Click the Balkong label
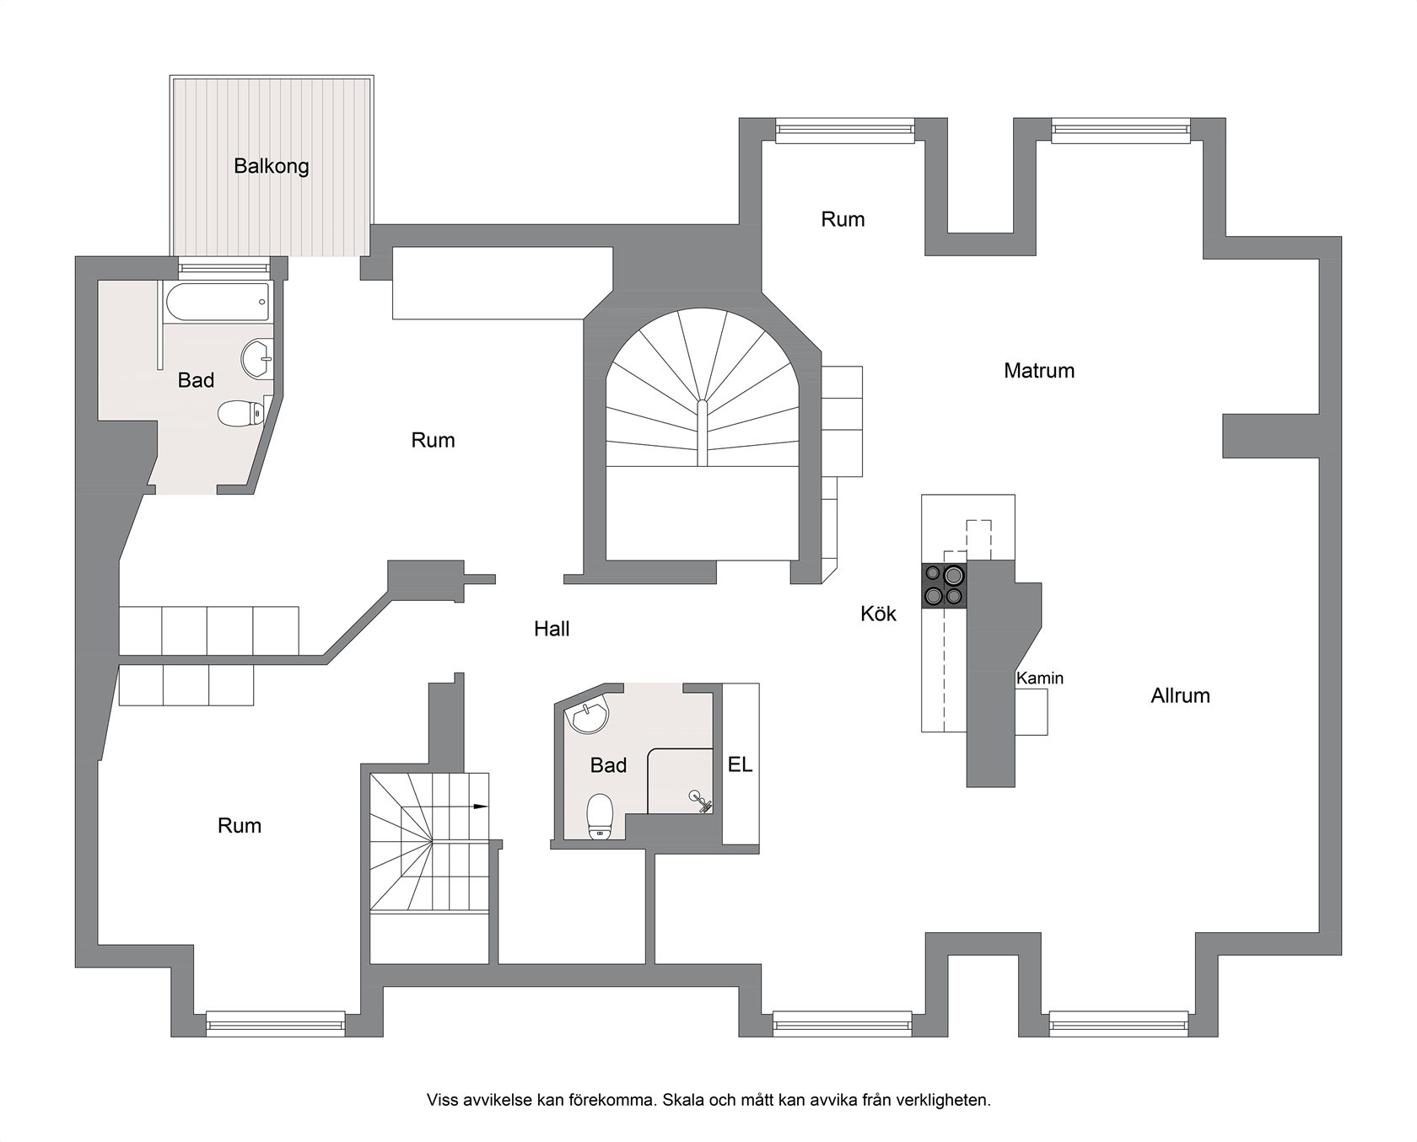point(271,166)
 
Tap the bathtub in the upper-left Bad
point(218,303)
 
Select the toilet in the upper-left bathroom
point(242,413)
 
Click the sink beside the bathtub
point(257,360)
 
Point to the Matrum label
point(1039,371)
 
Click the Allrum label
point(1180,695)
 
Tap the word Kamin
point(1040,678)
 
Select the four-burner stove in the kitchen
point(944,585)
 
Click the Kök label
point(878,614)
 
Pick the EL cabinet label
point(740,765)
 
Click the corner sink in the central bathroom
point(589,716)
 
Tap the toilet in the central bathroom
point(600,816)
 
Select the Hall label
point(552,629)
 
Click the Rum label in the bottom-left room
point(240,826)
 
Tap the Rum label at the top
point(843,219)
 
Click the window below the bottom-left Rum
point(276,1022)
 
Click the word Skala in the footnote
point(682,1100)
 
